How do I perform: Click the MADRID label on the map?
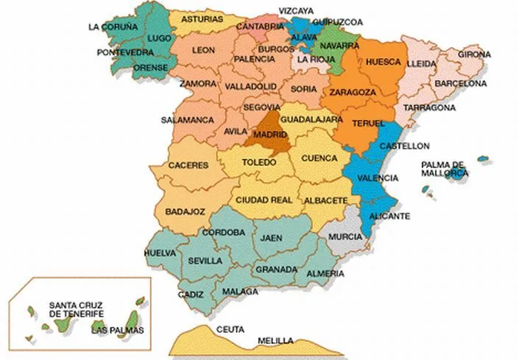[x=270, y=135]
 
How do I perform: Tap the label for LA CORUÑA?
[x=113, y=27]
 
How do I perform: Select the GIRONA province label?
[x=473, y=54]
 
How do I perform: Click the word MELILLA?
[x=275, y=341]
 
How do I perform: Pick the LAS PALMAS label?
[x=118, y=330]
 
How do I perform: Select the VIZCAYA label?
[x=296, y=11]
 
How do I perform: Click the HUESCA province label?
[x=383, y=62]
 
